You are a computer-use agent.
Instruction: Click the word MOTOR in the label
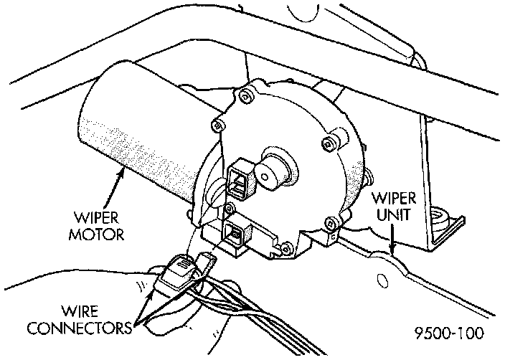click(x=98, y=235)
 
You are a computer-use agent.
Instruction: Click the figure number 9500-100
click(x=450, y=333)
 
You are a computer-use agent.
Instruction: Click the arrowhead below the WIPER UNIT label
click(x=391, y=250)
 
